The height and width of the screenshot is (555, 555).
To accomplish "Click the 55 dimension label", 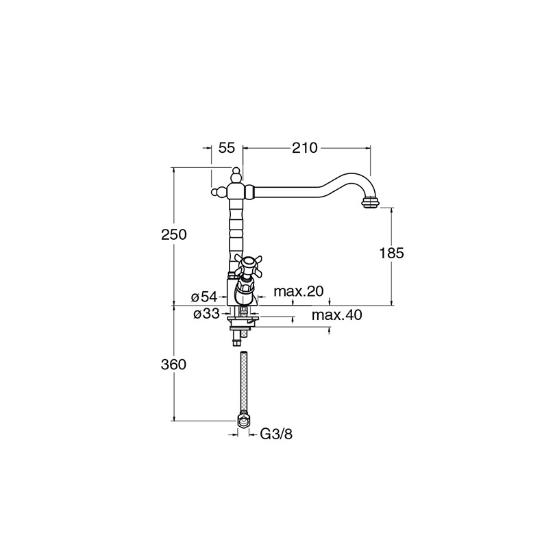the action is click(x=227, y=148).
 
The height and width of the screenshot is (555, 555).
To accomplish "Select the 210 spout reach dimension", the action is click(x=305, y=148).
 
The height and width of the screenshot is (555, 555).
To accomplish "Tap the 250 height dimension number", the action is click(x=174, y=234).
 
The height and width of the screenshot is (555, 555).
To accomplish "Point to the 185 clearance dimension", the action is click(x=391, y=253).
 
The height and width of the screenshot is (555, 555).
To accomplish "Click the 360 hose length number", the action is click(x=173, y=365).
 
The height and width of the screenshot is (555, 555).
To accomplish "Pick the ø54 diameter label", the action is click(x=204, y=297).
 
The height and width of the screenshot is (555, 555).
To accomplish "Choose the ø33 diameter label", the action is click(x=207, y=314).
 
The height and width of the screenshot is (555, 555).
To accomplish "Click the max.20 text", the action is click(x=299, y=291).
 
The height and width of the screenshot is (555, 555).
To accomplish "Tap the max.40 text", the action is click(x=337, y=314).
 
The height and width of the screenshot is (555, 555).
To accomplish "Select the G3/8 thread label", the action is click(x=276, y=434).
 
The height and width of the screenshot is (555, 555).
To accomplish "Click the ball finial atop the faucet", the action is click(x=236, y=174).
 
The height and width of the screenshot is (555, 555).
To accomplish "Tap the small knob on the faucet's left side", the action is click(x=217, y=193).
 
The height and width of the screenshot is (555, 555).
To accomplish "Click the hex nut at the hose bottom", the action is click(x=243, y=421).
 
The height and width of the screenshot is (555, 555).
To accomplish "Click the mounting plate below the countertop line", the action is click(x=244, y=321).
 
